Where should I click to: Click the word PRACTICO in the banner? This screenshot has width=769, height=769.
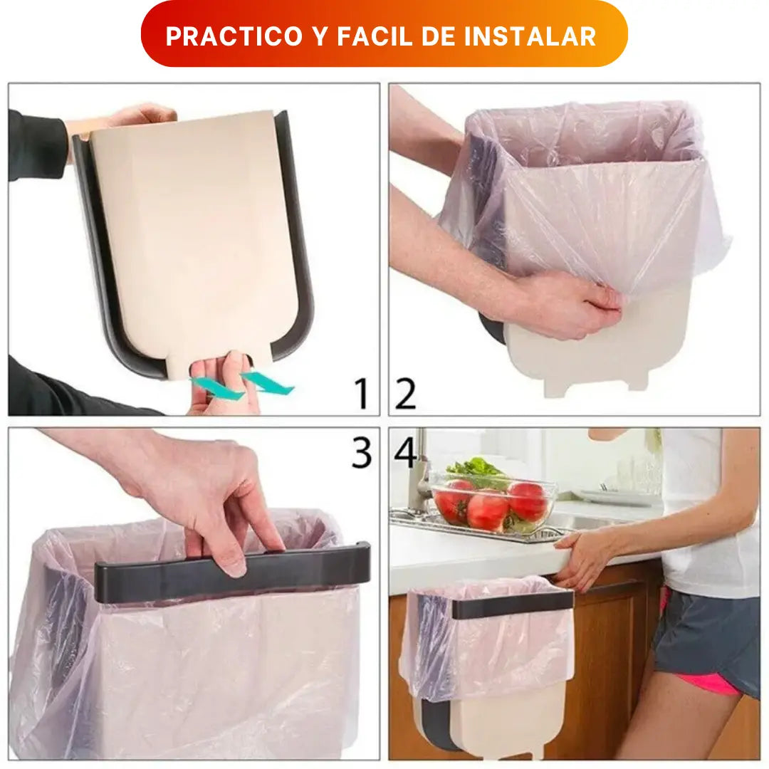pyautogui.click(x=234, y=36)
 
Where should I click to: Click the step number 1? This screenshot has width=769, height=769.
pyautogui.click(x=362, y=393)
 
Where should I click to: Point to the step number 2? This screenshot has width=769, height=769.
pyautogui.click(x=405, y=393)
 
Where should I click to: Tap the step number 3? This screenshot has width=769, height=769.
pyautogui.click(x=362, y=452)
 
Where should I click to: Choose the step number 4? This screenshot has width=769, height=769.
pyautogui.click(x=406, y=452)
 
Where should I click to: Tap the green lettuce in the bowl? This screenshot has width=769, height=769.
pyautogui.click(x=474, y=469)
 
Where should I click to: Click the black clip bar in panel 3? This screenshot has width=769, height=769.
pyautogui.click(x=232, y=572)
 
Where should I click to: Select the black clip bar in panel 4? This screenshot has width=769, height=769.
pyautogui.click(x=513, y=605)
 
